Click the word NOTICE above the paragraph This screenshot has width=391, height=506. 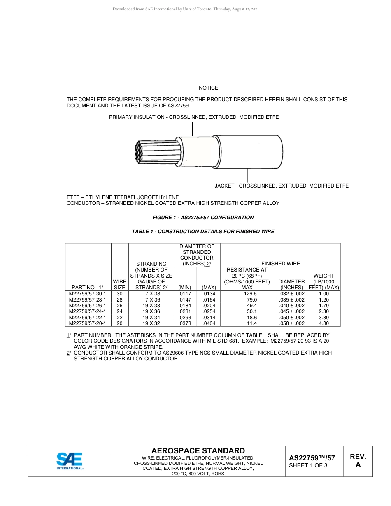[x=208, y=88]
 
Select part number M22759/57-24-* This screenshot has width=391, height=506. [x=87, y=311]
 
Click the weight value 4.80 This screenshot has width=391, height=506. [x=324, y=323]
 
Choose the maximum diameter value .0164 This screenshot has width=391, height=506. [x=209, y=300]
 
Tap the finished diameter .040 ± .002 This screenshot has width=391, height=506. [x=291, y=306]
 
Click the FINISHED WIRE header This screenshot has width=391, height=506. [x=281, y=263]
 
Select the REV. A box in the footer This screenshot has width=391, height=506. [x=358, y=461]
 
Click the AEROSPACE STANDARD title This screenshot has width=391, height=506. [x=198, y=451]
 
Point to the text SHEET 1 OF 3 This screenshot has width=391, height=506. [x=308, y=466]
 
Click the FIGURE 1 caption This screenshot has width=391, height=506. [x=203, y=218]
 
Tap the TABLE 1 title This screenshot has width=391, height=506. [x=203, y=232]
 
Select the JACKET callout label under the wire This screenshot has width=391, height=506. [x=282, y=186]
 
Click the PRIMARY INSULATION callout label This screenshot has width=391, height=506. [x=194, y=117]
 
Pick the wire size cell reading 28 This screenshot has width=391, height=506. [x=119, y=300]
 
